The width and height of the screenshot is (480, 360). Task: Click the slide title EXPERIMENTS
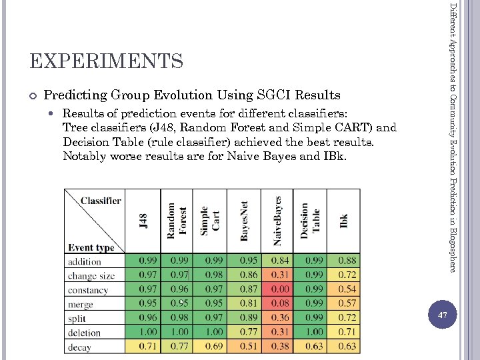[x=107, y=61]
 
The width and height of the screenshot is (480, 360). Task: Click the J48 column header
[x=143, y=220]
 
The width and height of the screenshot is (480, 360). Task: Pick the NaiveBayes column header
[x=278, y=220]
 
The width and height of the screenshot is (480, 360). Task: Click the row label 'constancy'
[x=88, y=290]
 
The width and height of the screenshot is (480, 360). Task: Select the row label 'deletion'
[x=85, y=333]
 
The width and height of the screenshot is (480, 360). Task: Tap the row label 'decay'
[x=79, y=347]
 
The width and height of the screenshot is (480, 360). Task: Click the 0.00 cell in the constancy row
[x=280, y=289]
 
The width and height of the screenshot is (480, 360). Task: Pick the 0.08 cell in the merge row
[x=280, y=303]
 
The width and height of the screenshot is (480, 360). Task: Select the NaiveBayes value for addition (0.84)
[x=280, y=261]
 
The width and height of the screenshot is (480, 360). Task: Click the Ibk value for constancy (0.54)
[x=347, y=289]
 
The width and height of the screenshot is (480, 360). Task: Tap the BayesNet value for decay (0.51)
[x=248, y=346]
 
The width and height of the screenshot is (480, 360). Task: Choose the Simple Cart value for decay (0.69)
[x=214, y=346]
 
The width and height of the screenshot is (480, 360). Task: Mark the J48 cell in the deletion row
[x=148, y=332]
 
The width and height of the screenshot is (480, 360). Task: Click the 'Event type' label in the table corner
[x=91, y=247]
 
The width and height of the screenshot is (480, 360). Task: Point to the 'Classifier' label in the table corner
[x=101, y=200]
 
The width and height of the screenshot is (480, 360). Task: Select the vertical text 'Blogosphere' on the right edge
[x=453, y=249]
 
